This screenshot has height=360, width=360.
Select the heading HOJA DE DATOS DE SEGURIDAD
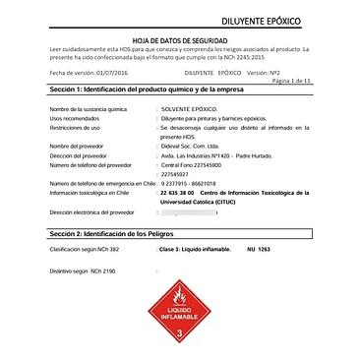click(180, 37)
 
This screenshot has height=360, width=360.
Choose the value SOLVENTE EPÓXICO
click(189, 108)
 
